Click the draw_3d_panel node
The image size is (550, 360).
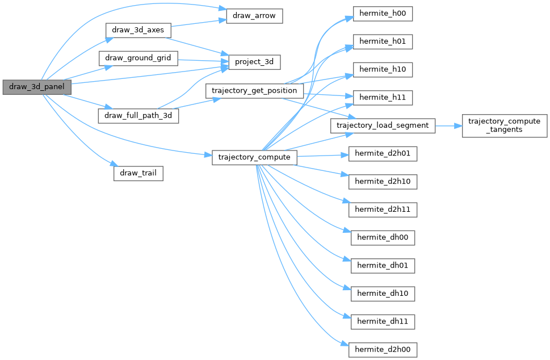coord(37,87)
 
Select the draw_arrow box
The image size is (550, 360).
coord(254,16)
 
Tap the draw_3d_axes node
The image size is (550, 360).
coord(138,30)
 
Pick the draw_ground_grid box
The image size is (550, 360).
coord(138,58)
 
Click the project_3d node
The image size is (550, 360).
coord(254,62)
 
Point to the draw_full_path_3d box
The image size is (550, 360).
coord(138,115)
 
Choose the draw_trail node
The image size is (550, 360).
coord(138,173)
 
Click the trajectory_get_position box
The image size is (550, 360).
coord(254,90)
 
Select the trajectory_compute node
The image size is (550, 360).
coord(254,157)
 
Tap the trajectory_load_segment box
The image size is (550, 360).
coord(383,125)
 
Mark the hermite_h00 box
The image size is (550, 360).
coord(383,14)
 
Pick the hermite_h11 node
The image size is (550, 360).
coord(383,98)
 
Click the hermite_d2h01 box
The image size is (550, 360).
coord(383,153)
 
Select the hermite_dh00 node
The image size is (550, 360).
coord(383,237)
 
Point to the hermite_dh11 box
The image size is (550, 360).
coord(383,321)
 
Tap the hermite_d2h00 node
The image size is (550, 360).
coord(383,349)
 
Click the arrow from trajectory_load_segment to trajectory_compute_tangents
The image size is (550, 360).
coord(448,125)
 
